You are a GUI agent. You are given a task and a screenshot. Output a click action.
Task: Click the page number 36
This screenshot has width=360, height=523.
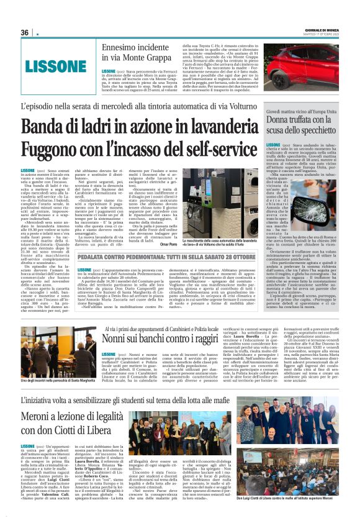[x=25, y=32]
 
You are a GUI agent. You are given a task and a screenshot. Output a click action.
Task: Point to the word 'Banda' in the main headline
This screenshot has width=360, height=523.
[x=48, y=127]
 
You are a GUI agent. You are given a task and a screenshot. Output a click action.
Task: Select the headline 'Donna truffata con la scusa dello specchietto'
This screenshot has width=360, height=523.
[x=304, y=124]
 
